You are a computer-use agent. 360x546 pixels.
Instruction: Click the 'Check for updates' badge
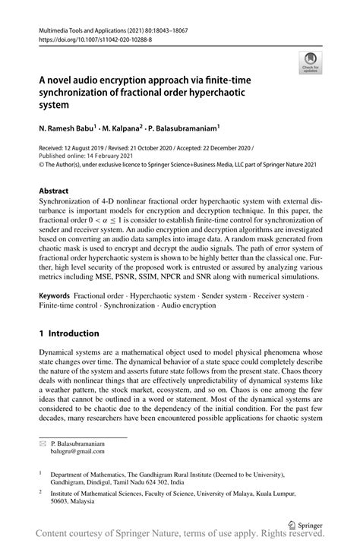pyautogui.click(x=310, y=62)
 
